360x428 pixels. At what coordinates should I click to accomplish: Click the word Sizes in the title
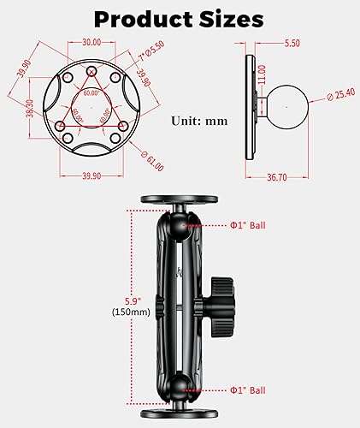tap(232, 18)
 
